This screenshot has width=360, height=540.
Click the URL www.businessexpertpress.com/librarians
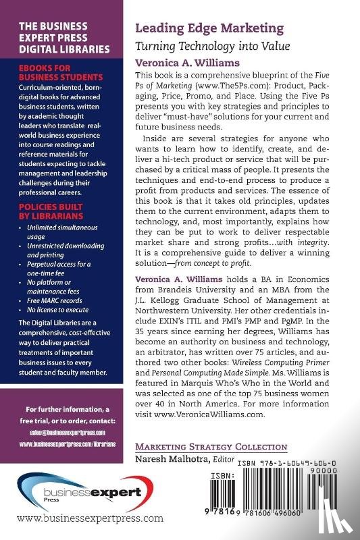click(65, 446)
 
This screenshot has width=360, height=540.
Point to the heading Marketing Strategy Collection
click(211, 448)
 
